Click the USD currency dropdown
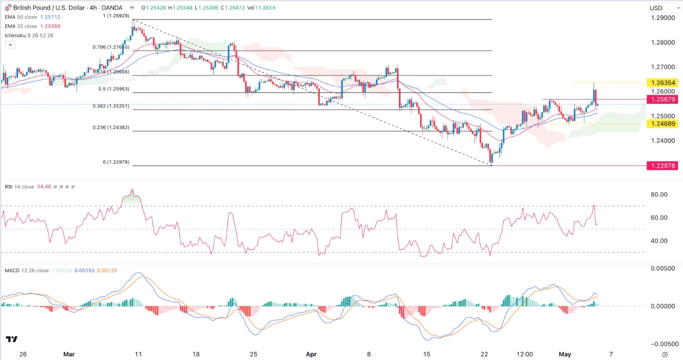662,8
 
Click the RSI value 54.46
44,187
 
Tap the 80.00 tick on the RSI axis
657,194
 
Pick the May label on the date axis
565,354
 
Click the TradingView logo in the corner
12,339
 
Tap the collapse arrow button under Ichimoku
10,44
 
